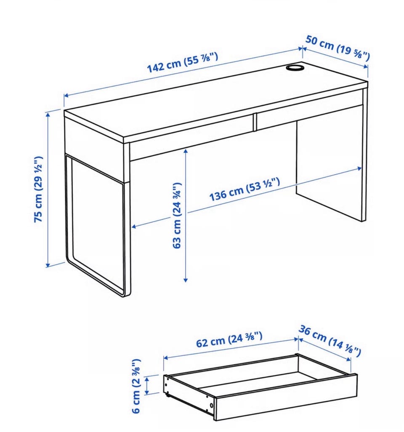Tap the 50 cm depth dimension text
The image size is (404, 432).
click(x=338, y=48)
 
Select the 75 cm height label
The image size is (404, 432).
click(x=38, y=189)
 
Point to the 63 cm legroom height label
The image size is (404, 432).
click(x=177, y=215)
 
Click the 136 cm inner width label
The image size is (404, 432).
click(x=245, y=189)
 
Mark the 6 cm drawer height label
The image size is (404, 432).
click(x=137, y=386)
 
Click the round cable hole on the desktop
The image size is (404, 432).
click(x=295, y=67)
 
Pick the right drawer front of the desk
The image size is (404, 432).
click(x=310, y=110)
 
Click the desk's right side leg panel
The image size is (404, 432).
click(x=330, y=171)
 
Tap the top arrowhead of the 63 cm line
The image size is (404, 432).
click(x=186, y=151)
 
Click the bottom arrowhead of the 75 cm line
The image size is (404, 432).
click(x=48, y=265)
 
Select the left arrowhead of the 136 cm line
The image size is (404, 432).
click(x=134, y=227)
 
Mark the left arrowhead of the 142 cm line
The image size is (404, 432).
click(x=66, y=96)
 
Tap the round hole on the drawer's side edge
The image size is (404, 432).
click(x=211, y=405)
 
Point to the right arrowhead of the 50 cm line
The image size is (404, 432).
click(x=366, y=67)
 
